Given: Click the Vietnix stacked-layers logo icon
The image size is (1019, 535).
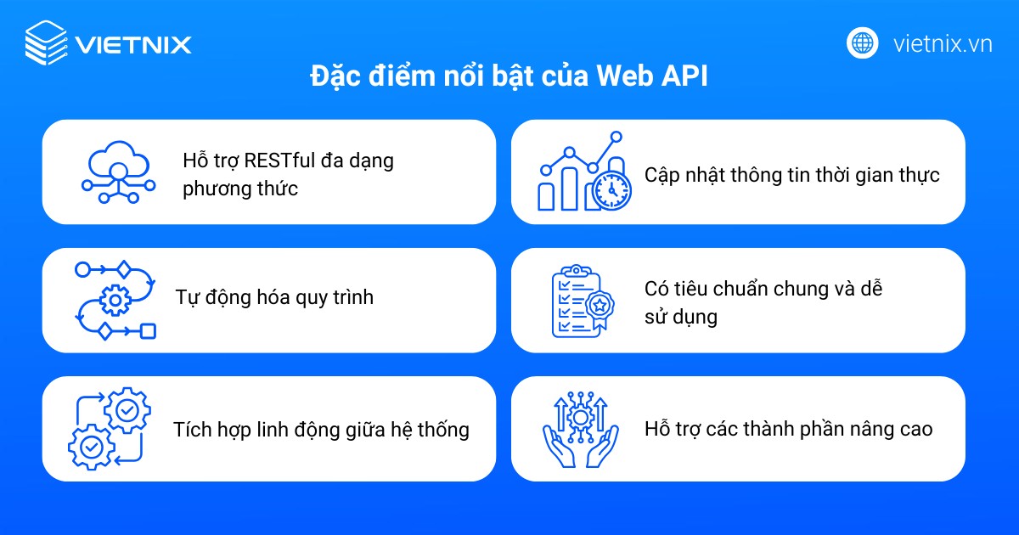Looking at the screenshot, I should point(46,42).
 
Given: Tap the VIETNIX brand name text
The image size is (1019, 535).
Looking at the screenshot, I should point(132,43).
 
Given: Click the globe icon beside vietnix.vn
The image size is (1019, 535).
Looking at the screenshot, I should point(862,42).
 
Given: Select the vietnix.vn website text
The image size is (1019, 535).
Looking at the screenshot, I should point(943,43).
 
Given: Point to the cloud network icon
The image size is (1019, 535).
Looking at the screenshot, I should point(118,172).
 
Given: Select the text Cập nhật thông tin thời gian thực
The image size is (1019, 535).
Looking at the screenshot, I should point(791,176).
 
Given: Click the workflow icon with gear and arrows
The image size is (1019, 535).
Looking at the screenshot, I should point(115,300).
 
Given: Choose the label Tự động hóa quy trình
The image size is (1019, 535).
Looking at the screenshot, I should point(274,298).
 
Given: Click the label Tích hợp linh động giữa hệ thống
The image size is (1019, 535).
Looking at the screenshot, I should point(321,429).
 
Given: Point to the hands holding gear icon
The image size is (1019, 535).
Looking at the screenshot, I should point(581,429).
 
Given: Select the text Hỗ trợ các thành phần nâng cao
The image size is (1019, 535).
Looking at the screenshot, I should point(788,429).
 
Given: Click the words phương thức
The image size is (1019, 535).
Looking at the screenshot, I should point(240,189).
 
